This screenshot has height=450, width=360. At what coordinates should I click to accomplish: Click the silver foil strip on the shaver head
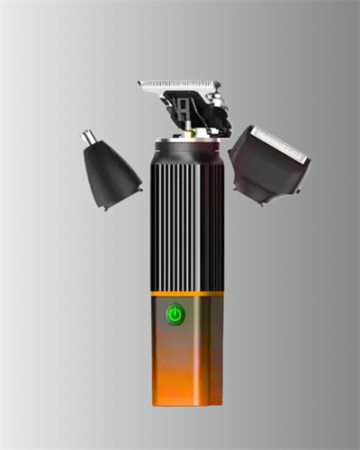pyautogui.click(x=280, y=144)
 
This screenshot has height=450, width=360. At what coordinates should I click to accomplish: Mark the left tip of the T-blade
pyautogui.click(x=140, y=84)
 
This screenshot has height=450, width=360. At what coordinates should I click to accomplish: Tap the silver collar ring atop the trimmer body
pyautogui.click(x=186, y=144)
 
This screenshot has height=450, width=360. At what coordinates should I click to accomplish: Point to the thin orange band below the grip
pyautogui.click(x=186, y=293)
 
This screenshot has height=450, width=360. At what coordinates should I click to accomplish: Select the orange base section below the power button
pyautogui.click(x=186, y=369)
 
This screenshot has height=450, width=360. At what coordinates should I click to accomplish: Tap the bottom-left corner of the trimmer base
pyautogui.click(x=154, y=400)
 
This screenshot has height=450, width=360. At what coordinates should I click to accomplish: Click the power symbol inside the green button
pyautogui.click(x=175, y=315)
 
